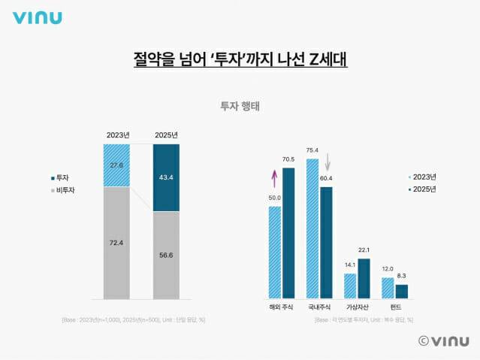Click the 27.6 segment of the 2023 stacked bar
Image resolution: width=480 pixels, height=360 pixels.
coord(116,165)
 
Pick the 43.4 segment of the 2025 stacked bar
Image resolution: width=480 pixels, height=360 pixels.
coord(166,177)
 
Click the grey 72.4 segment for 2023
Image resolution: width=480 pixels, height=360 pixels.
coord(116,242)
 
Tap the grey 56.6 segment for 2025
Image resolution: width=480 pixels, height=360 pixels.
coord(166,254)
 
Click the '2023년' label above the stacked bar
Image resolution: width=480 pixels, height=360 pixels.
coord(117,135)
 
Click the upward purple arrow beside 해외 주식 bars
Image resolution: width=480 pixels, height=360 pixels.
coord(274,179)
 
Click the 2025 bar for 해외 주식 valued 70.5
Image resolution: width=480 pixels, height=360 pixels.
coord(288,232)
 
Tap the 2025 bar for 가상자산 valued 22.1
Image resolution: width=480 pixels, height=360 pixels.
coord(363,278)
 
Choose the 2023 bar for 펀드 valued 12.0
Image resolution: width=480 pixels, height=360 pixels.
coord(388,287)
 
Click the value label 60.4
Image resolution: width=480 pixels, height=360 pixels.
coord(326,179)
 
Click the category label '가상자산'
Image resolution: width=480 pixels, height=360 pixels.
coord(357,307)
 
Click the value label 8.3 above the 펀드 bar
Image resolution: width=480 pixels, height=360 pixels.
coord(401,277)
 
